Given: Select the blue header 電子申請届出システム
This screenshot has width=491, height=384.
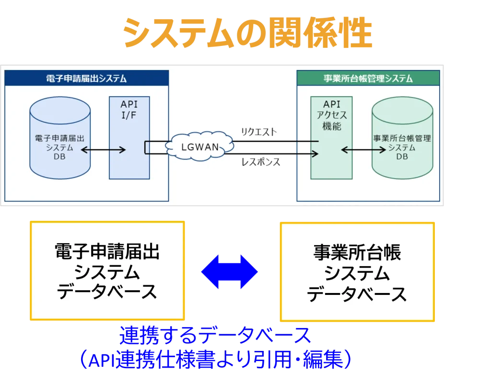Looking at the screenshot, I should [x=86, y=79].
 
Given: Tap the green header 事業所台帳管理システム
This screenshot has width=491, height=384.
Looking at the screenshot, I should [x=368, y=79].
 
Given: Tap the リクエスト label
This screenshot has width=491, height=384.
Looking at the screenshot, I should [x=259, y=132].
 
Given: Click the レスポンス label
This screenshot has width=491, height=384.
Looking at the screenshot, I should [x=261, y=162].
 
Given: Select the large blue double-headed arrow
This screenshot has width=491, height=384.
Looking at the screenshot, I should [x=230, y=271].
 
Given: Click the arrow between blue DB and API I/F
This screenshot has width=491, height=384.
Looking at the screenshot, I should [x=103, y=150].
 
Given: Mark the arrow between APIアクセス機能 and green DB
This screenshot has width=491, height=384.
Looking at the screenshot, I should [x=363, y=150].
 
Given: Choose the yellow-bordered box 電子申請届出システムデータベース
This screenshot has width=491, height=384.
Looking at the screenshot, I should [x=107, y=271].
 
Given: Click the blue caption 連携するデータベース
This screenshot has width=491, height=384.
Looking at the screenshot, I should [x=215, y=337].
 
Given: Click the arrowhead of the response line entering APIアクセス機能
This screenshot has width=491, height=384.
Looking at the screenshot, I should [x=316, y=153].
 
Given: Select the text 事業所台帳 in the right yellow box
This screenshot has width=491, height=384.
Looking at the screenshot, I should [x=357, y=252].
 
